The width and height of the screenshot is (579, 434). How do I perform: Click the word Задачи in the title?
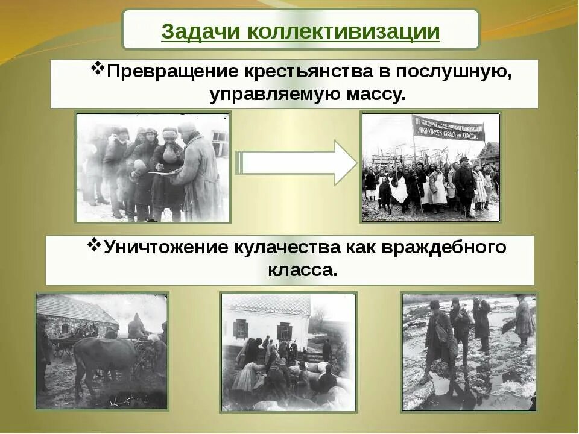[x=201, y=31]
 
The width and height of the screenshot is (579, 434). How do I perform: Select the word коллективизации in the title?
[x=343, y=31]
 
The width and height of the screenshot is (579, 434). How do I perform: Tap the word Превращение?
[x=172, y=72]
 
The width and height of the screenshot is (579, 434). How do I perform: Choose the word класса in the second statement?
[x=301, y=269]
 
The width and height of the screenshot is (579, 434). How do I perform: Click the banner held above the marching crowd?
[x=448, y=128]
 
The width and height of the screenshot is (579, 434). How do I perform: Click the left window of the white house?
[x=241, y=329]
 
